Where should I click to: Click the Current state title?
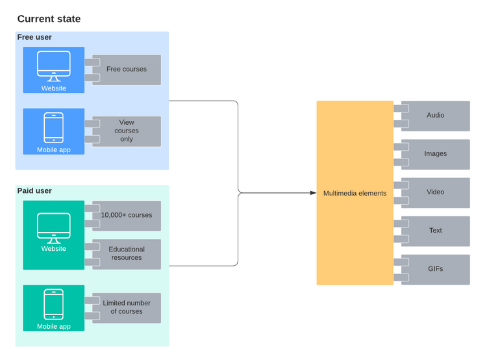[49, 19]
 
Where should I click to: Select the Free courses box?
[127, 70]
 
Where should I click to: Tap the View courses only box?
[127, 131]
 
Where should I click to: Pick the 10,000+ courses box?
[127, 215]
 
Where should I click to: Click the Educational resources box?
[127, 253]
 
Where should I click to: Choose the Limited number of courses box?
[127, 307]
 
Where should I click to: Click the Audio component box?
[435, 116]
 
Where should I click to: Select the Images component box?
[435, 154]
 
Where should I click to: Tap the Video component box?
[435, 192]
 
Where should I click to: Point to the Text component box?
[435, 231]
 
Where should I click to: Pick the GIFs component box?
[435, 269]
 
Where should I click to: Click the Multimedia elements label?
[355, 193]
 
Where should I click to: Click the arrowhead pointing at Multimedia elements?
[312, 193]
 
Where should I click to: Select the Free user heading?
[34, 38]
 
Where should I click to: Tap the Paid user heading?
[34, 191]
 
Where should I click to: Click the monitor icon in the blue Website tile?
[54, 66]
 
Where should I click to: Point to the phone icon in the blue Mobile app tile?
[53, 127]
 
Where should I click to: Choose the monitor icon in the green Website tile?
[54, 227]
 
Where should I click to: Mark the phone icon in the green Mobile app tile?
[53, 304]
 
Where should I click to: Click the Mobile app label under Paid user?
[53, 326]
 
